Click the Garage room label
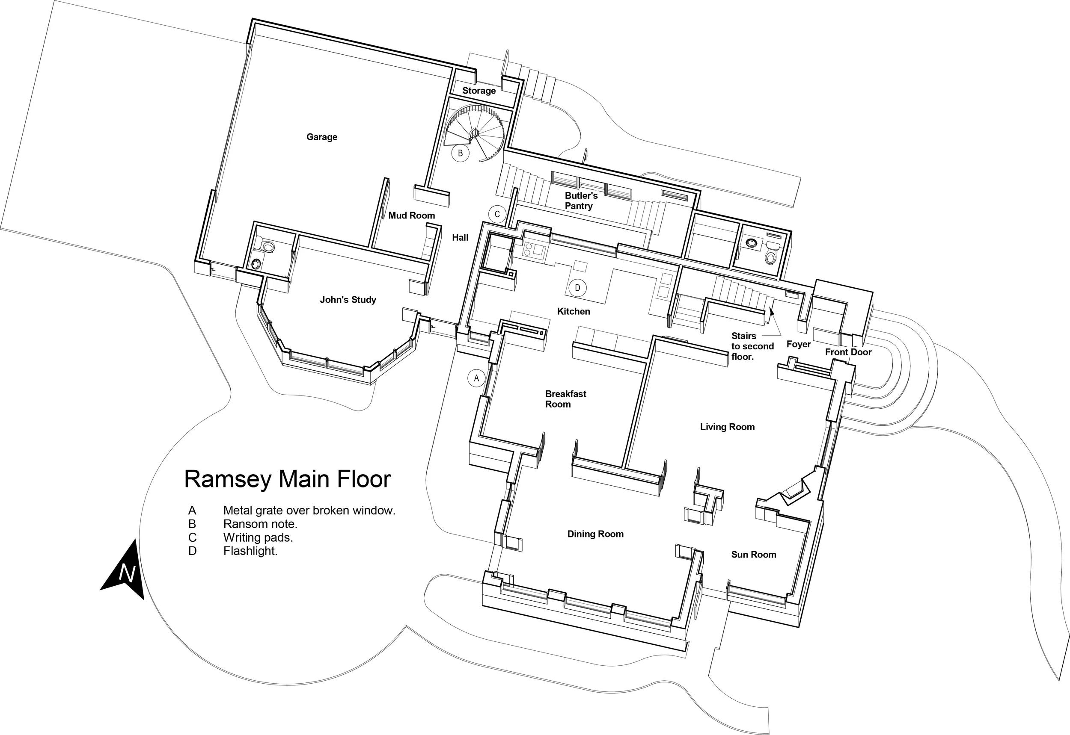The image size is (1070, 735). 322,137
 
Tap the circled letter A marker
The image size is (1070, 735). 476,378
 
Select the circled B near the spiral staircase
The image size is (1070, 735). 460,153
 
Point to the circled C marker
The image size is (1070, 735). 497,214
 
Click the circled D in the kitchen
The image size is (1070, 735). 577,288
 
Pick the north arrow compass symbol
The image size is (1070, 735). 125,571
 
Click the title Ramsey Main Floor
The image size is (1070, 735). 287,479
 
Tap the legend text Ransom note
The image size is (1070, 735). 260,524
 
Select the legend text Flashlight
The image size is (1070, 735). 250,551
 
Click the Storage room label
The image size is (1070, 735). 479,91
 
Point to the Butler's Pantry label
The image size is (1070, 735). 581,201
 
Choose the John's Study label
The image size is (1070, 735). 348,300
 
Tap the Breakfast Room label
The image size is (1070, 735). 565,399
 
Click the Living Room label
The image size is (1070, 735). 727,427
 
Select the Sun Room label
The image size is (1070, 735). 753,555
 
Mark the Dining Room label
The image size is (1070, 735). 595,534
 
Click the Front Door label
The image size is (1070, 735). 848,352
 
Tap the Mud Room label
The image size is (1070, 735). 411,215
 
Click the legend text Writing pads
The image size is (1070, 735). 258,537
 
